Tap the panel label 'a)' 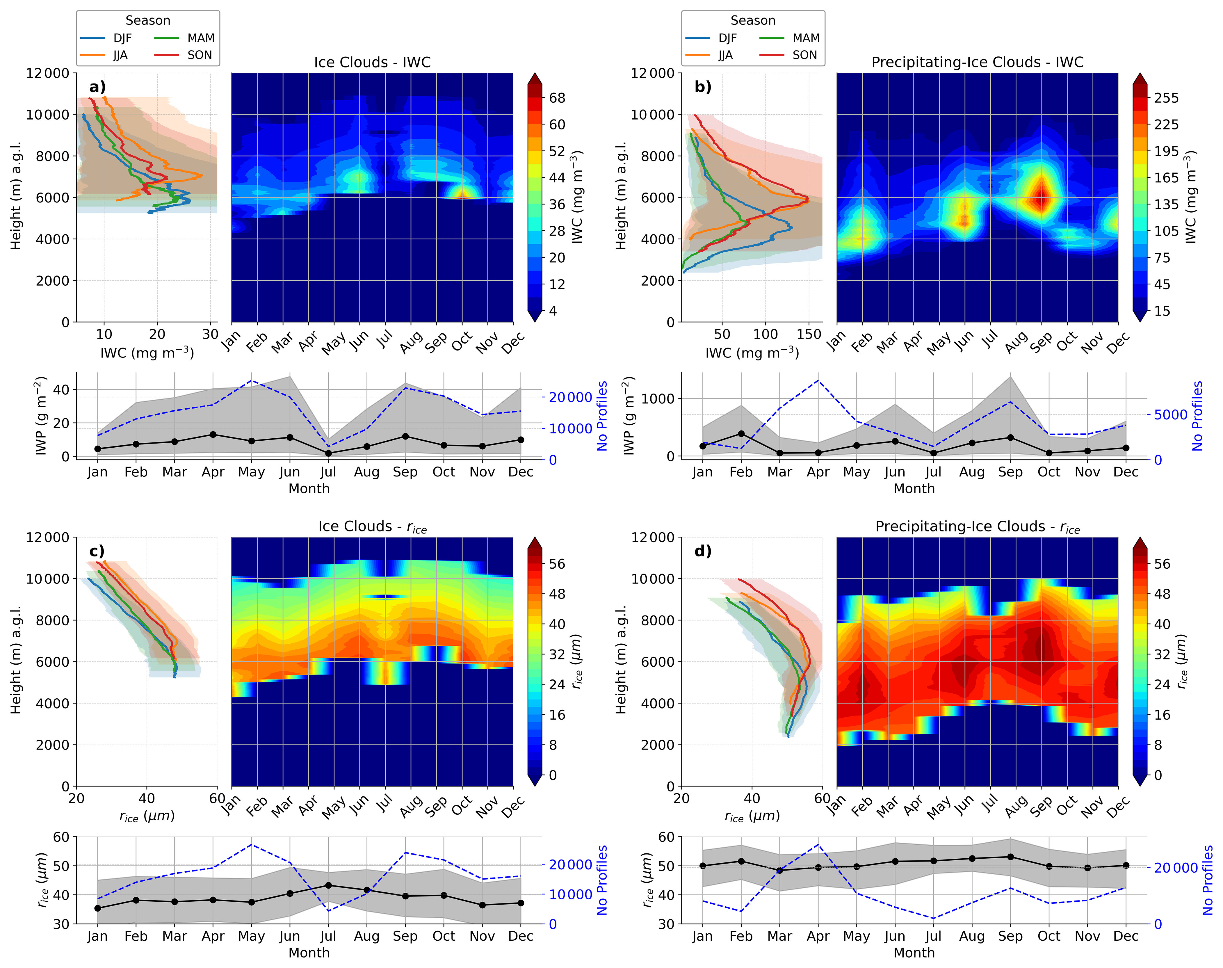[97, 87]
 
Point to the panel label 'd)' [703, 551]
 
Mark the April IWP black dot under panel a [213, 435]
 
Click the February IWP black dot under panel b [741, 434]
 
